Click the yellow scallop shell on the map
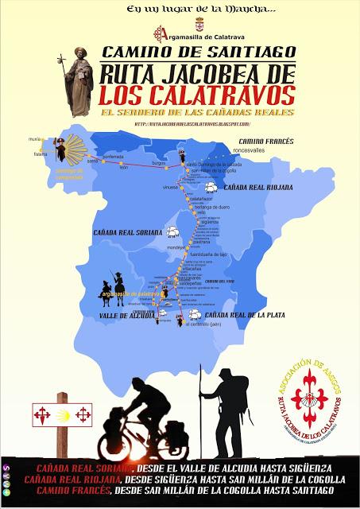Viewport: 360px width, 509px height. pyautogui.click(x=77, y=148)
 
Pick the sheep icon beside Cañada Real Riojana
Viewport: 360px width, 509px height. pyautogui.click(x=212, y=188)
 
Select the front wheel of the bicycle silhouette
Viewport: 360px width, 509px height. pyautogui.click(x=113, y=444)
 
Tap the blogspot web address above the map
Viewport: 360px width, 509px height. pyautogui.click(x=192, y=124)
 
